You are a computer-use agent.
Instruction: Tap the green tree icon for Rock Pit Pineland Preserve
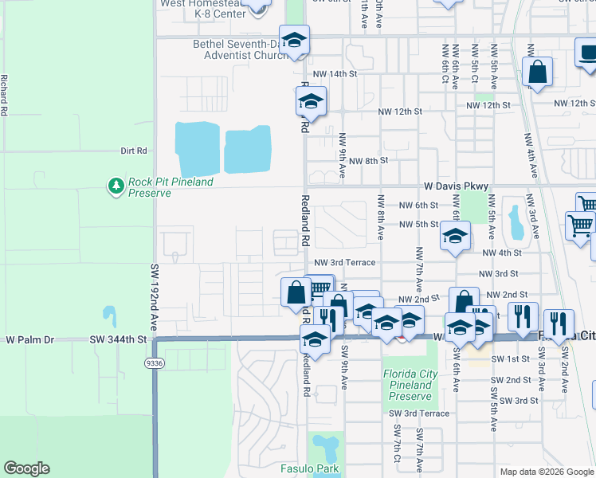click(x=116, y=186)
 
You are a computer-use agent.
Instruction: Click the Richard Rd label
click(x=5, y=96)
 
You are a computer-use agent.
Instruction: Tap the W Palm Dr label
click(x=29, y=339)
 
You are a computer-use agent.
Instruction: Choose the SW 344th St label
click(x=120, y=339)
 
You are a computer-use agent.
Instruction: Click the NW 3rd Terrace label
click(x=344, y=262)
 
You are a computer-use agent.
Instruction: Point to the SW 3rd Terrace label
click(x=419, y=413)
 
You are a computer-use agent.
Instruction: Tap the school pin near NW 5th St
click(x=455, y=237)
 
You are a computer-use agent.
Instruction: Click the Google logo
click(x=26, y=468)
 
